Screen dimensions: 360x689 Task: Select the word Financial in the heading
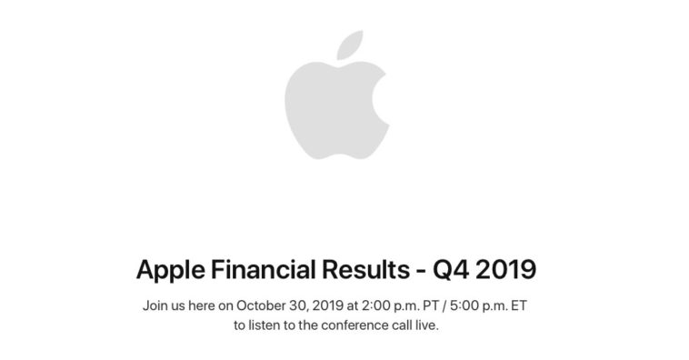click(261, 269)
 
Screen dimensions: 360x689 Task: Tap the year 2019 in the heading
click(505, 269)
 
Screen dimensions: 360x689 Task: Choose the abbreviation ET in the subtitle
click(517, 305)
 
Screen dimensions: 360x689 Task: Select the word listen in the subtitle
click(265, 325)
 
